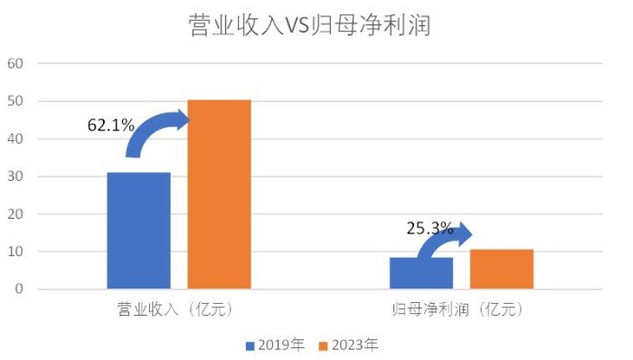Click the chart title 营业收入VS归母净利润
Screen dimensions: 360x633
[316, 24]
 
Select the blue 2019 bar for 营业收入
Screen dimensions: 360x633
[138, 231]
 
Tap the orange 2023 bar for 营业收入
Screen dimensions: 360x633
[219, 194]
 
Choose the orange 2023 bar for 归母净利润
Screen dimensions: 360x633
[502, 269]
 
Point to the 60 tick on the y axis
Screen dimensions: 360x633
[14, 64]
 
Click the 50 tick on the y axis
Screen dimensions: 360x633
[14, 101]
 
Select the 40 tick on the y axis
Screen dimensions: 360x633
[14, 139]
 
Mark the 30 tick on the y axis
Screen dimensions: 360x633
[14, 176]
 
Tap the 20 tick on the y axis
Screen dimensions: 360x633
[14, 214]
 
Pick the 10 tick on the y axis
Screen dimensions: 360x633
[14, 251]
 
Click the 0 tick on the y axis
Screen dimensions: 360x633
[18, 289]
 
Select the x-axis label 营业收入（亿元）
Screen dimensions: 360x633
[179, 309]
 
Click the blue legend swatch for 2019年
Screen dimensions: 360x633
[250, 345]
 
